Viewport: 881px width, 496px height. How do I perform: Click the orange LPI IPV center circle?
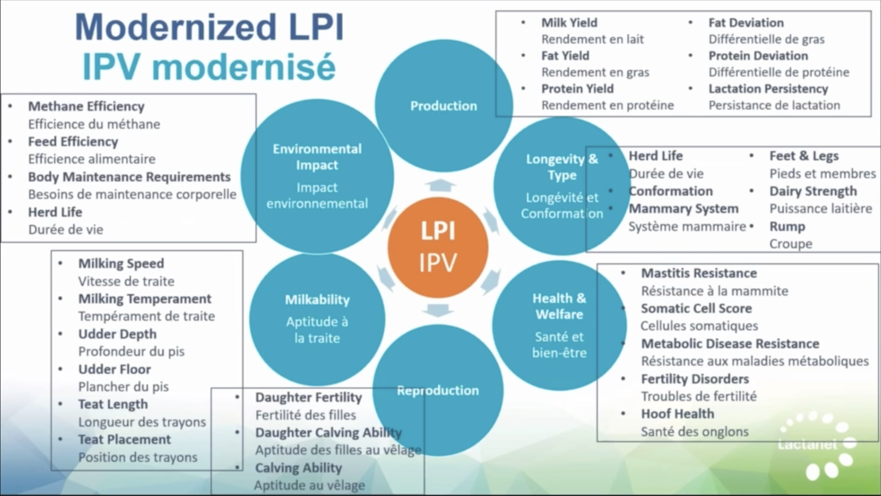point(438,248)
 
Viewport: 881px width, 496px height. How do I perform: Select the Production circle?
point(443,106)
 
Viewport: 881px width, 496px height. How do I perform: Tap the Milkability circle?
point(317,318)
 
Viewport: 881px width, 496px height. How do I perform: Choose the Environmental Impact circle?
point(317,176)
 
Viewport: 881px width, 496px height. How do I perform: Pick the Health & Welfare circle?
point(559,325)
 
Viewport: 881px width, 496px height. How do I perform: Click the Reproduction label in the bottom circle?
point(438,390)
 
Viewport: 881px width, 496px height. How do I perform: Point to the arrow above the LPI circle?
point(440,185)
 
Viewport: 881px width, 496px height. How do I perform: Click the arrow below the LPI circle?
point(438,310)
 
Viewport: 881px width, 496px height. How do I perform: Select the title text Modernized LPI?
point(209,27)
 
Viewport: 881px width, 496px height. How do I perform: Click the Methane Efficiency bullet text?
point(86,106)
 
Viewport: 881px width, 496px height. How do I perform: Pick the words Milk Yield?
point(569,23)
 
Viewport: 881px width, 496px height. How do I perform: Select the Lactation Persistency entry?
point(768,89)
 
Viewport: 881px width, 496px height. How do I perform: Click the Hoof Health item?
point(677,414)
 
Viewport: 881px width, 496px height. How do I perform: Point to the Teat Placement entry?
point(125,440)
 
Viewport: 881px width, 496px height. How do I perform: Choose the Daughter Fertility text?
point(308,398)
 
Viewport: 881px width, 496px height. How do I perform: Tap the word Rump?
point(787,227)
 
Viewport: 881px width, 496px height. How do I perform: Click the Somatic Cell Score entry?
point(696,309)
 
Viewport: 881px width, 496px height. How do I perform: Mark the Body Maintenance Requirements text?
point(129,177)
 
